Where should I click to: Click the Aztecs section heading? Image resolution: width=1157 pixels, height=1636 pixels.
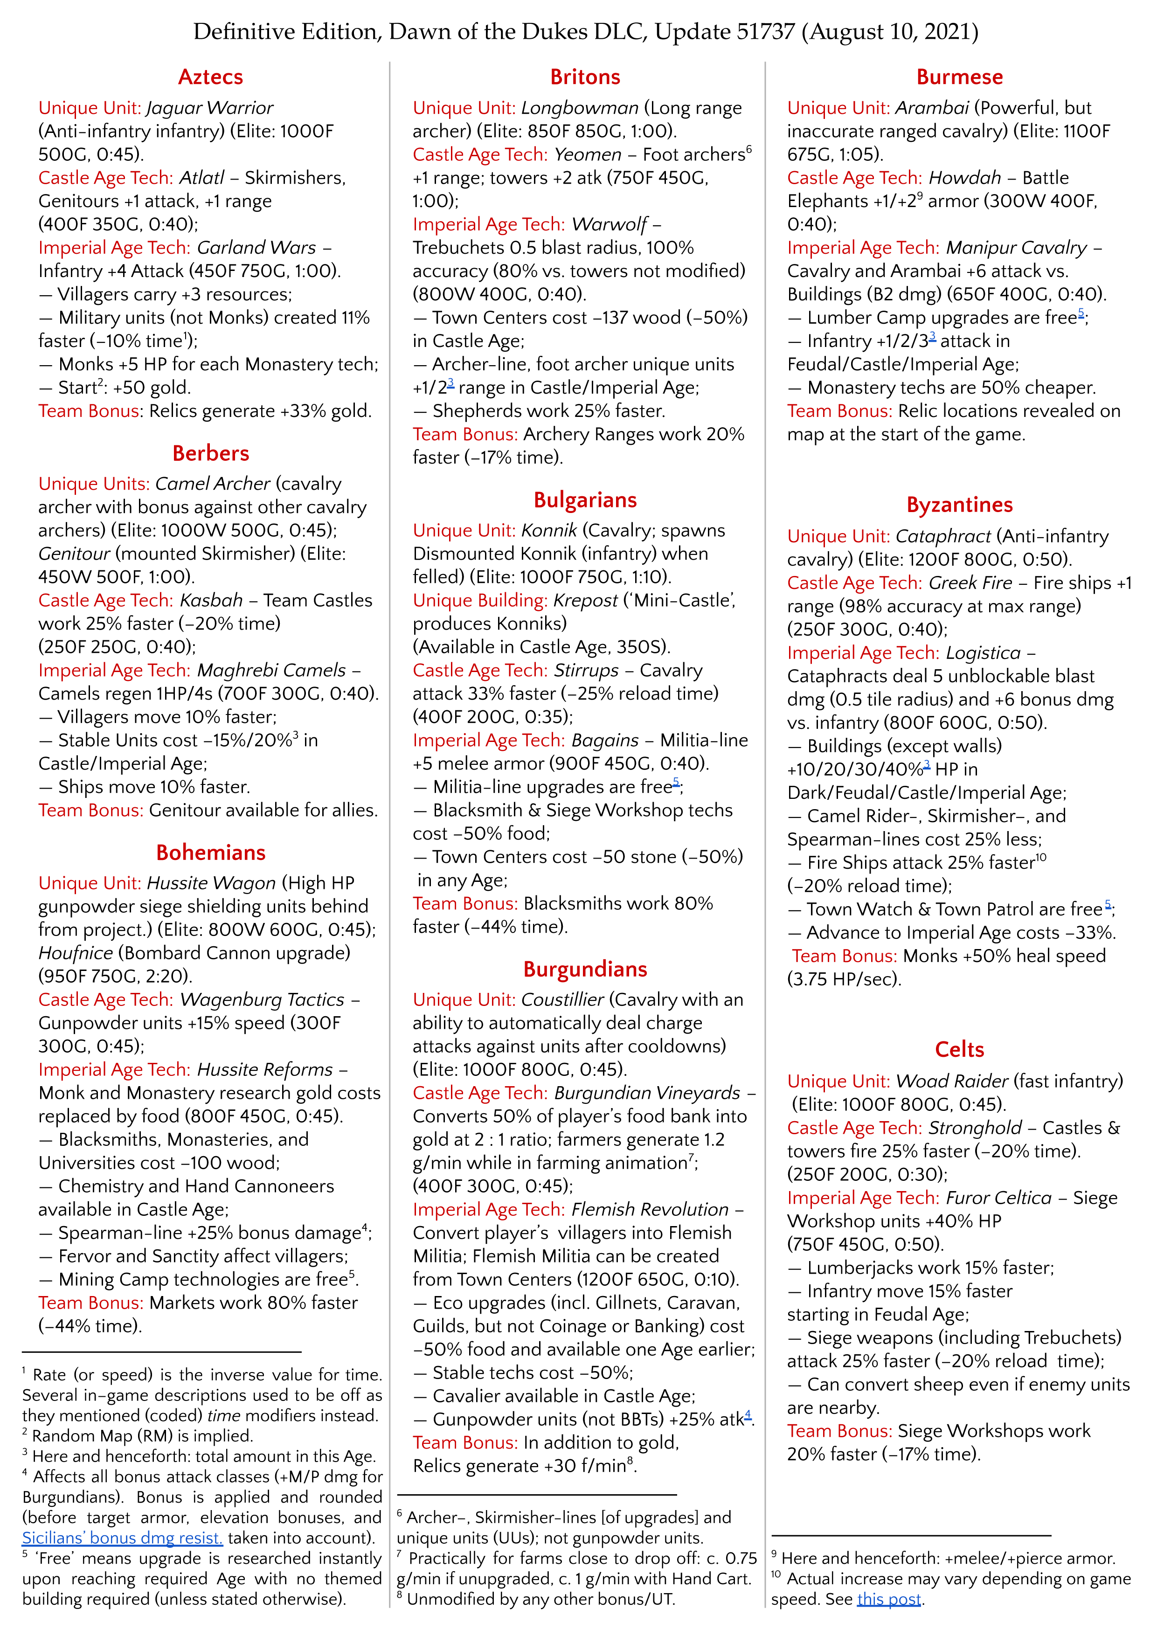point(210,77)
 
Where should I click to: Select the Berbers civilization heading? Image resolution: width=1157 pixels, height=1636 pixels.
point(210,453)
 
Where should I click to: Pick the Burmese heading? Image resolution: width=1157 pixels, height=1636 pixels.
point(960,77)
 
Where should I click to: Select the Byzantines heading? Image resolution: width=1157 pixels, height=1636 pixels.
point(960,505)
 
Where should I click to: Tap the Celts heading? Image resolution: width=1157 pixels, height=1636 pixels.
point(960,1050)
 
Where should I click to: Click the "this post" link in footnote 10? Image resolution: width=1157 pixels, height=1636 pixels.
point(889,1599)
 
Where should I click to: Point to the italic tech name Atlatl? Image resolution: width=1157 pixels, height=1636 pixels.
point(201,177)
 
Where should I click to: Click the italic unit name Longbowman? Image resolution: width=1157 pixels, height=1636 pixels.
point(580,108)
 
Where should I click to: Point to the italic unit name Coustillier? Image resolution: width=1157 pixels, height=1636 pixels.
point(562,1000)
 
